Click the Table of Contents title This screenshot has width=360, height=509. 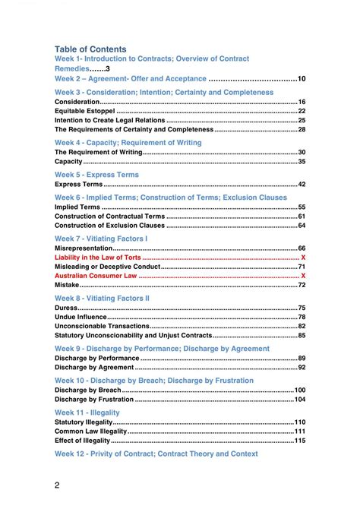(x=90, y=49)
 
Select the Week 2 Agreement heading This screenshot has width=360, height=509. (x=130, y=78)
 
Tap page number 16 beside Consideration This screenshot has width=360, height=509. (x=302, y=102)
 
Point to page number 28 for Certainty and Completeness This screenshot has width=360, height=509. (x=302, y=129)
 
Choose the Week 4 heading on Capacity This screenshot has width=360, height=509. (x=128, y=143)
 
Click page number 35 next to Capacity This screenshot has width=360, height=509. (x=302, y=161)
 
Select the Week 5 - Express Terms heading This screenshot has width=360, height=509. (x=96, y=175)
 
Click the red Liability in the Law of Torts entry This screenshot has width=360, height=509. (x=98, y=258)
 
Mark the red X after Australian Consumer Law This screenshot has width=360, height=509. (x=303, y=276)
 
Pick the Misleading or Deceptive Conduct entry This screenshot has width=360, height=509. (x=107, y=267)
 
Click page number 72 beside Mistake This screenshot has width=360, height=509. (x=302, y=285)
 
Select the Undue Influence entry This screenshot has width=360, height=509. (x=81, y=317)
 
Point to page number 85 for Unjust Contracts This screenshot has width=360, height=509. (x=302, y=335)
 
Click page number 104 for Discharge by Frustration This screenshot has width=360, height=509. (x=300, y=399)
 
